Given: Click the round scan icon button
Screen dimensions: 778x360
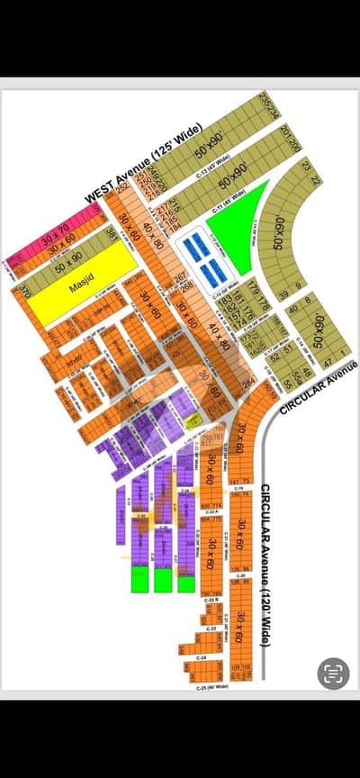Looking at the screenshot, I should click(333, 671).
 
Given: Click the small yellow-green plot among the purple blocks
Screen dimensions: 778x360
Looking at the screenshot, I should click(192, 420).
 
